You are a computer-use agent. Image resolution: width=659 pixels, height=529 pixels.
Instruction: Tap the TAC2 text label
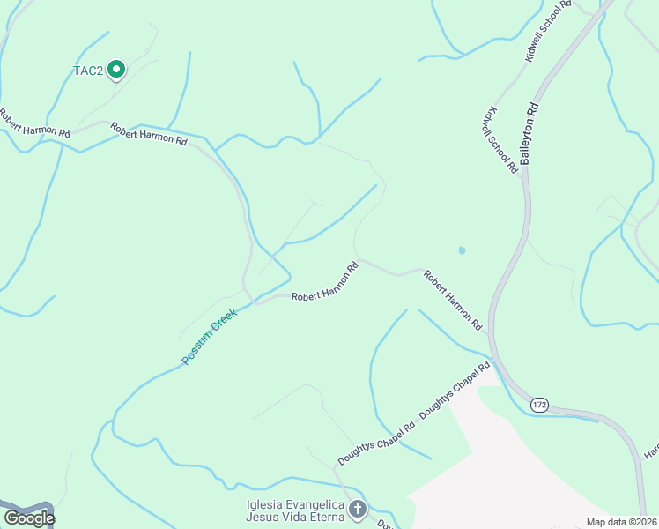pyautogui.click(x=88, y=70)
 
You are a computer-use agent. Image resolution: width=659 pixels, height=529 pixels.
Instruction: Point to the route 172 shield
pyautogui.click(x=540, y=404)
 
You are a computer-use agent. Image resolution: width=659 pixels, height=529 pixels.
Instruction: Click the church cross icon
pyautogui.click(x=358, y=509)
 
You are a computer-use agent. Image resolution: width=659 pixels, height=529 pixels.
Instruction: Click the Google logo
pyautogui.click(x=29, y=518)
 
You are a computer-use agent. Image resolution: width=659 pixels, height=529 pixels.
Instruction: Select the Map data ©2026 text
pyautogui.click(x=621, y=522)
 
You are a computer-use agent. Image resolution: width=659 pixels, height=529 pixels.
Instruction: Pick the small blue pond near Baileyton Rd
pyautogui.click(x=462, y=250)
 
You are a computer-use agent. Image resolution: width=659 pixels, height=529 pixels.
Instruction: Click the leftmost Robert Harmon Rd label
pyautogui.click(x=33, y=123)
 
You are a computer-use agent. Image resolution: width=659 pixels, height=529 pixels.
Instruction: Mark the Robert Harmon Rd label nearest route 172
pyautogui.click(x=453, y=301)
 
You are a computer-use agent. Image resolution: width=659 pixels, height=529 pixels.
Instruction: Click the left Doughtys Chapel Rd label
pyautogui.click(x=376, y=443)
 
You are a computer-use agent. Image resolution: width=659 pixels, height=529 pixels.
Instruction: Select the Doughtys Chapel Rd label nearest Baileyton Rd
pyautogui.click(x=455, y=389)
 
